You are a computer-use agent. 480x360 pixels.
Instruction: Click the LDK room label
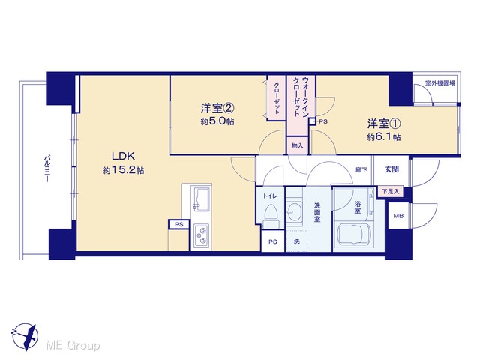click(x=123, y=157)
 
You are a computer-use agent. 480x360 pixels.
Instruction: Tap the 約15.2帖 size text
click(x=123, y=170)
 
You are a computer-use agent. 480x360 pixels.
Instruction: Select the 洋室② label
click(x=217, y=108)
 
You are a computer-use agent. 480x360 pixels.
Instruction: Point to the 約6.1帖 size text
click(x=384, y=137)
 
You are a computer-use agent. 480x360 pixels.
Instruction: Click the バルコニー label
click(x=46, y=169)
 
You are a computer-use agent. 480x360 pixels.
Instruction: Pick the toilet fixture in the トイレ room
click(x=270, y=216)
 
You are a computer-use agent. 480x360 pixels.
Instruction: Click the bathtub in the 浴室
click(x=354, y=235)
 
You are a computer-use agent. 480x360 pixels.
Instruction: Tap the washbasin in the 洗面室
click(x=295, y=210)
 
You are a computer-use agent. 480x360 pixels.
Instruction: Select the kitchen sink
click(x=201, y=199)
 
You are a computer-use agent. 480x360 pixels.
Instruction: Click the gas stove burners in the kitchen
click(x=201, y=236)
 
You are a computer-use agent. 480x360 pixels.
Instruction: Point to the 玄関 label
click(x=391, y=169)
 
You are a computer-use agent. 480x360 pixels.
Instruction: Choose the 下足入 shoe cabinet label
click(x=391, y=192)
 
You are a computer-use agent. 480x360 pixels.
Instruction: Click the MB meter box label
click(x=398, y=216)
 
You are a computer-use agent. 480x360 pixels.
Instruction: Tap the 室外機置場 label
click(x=440, y=83)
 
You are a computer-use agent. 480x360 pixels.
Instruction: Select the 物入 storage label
click(x=297, y=145)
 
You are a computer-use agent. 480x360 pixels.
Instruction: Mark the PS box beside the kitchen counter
click(x=179, y=224)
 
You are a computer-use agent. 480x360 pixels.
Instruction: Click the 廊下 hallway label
click(x=361, y=170)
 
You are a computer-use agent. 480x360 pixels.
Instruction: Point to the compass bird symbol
click(x=25, y=337)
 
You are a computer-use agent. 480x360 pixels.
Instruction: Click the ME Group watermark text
click(x=73, y=346)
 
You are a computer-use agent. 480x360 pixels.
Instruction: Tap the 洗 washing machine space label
click(x=297, y=241)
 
